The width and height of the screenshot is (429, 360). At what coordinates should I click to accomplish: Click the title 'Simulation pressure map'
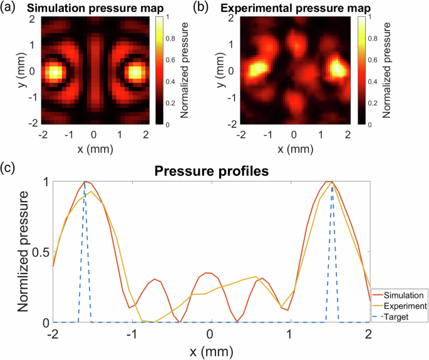point(94,8)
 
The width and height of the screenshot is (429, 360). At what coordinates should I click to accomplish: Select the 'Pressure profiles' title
point(211,170)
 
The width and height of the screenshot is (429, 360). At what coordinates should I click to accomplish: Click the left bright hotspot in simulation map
point(54,73)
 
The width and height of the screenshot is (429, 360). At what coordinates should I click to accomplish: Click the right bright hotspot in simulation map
point(134,73)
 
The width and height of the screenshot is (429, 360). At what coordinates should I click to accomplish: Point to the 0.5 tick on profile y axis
point(40,252)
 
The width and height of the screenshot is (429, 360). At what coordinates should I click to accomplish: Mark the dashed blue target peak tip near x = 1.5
point(332,182)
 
